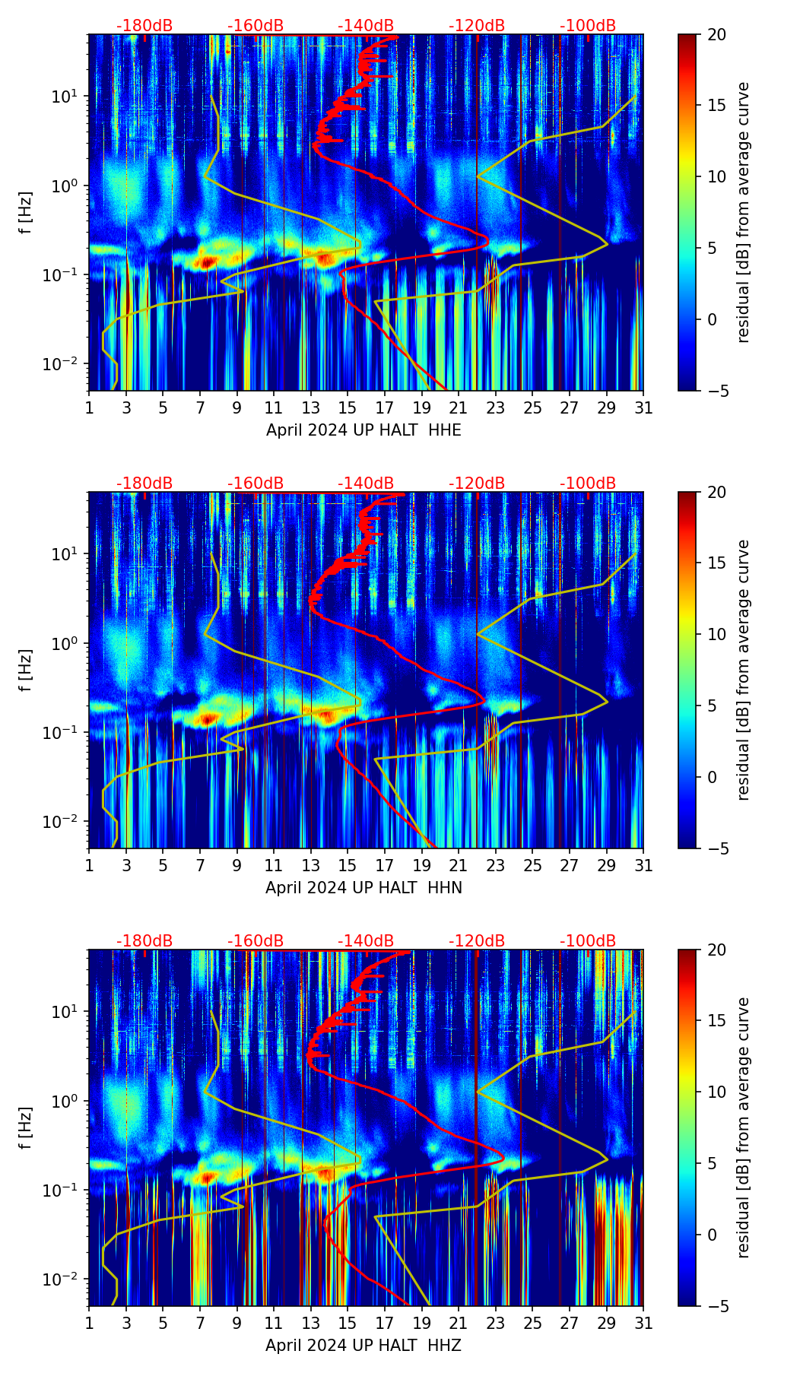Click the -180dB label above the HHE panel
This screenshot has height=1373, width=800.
pos(144,26)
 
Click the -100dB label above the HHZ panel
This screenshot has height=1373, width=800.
pos(588,941)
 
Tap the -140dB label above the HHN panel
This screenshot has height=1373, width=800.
pos(366,484)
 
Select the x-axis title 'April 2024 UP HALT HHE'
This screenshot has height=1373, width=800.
pos(363,430)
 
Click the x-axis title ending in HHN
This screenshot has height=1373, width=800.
pos(363,887)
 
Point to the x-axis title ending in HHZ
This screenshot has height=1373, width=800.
pos(363,1345)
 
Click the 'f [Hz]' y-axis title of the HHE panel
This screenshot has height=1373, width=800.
pos(26,213)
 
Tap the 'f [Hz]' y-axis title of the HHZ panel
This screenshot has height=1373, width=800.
pos(26,1128)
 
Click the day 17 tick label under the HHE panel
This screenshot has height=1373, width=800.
pos(385,408)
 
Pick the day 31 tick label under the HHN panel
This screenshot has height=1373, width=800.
pos(643,866)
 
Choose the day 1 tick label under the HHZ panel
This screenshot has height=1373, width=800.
pos(89,1324)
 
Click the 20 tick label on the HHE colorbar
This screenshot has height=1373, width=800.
pos(716,35)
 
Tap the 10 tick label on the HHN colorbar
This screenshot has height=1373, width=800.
pos(716,634)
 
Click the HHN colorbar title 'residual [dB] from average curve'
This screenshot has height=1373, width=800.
pos(744,670)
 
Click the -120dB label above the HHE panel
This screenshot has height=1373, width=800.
pos(477,26)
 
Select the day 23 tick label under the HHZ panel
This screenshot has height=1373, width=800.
pos(496,1324)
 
